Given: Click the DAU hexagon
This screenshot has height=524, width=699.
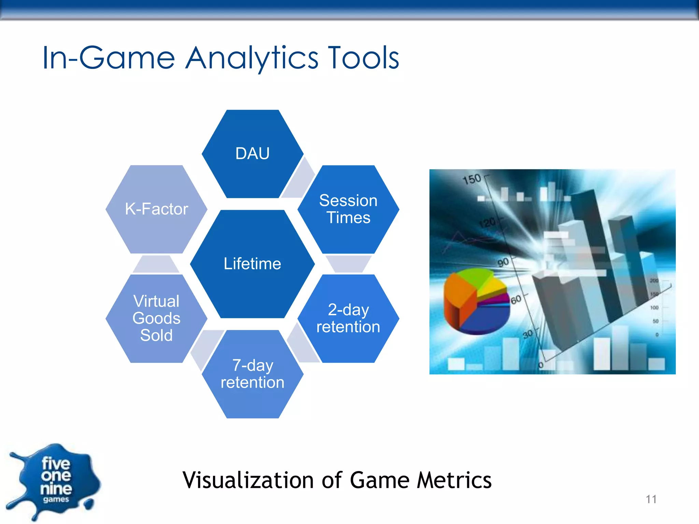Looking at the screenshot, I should pos(253,154).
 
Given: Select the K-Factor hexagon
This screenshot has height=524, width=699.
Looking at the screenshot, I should pos(156,209).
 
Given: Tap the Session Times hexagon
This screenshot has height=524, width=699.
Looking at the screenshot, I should pos(348,209).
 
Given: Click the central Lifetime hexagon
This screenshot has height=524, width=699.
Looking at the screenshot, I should pos(252,264).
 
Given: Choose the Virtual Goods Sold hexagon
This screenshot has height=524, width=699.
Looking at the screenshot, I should pos(156,318).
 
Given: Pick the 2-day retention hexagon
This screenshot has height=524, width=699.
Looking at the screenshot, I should pos(348,318).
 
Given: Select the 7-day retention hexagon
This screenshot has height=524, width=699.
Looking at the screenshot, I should pos(253,374).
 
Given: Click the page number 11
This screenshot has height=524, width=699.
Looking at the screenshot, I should pos(651,499).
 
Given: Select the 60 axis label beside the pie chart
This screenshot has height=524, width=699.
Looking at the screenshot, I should pos(516,300).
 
